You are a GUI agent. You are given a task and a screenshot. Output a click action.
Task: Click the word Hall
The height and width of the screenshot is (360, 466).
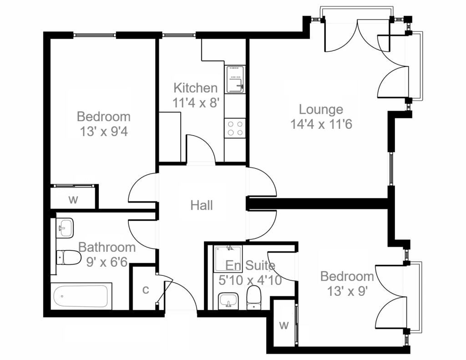(202, 205)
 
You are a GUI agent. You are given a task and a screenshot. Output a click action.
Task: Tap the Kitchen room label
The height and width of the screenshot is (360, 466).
(196, 88)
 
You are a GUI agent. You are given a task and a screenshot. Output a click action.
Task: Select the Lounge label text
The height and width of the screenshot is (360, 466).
(321, 110)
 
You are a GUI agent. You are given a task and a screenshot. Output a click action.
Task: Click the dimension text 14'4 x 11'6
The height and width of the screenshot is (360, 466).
(322, 124)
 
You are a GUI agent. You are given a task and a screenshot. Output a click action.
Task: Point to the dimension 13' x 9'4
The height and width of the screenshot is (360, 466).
(104, 132)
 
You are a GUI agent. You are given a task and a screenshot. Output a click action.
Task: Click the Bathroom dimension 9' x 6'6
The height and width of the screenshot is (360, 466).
(107, 262)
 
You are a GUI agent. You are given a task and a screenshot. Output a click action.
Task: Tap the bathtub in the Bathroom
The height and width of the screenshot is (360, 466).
(81, 296)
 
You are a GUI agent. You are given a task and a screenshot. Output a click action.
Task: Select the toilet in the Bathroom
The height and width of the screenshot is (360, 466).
(68, 258)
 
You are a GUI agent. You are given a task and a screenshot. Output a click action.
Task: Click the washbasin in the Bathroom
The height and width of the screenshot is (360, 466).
(65, 227)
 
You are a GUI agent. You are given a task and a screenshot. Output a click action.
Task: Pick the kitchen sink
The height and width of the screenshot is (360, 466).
(235, 80)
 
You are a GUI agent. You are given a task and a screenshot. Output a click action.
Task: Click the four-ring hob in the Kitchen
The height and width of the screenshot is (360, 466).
(235, 128)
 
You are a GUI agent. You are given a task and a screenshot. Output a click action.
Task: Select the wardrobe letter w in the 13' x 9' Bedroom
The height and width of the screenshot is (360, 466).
(284, 325)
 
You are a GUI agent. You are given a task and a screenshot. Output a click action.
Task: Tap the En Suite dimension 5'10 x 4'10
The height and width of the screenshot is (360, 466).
(250, 280)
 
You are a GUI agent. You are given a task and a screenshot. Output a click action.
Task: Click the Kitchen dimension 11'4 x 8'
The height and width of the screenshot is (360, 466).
(196, 102)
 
